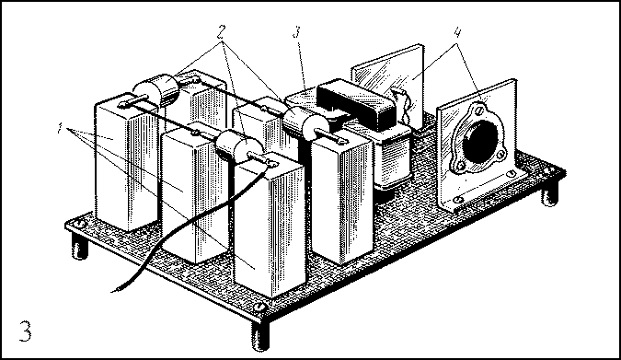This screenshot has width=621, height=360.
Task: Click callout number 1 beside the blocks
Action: point(60,128)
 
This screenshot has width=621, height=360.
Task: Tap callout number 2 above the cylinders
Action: point(222,31)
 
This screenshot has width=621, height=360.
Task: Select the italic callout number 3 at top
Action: point(297,31)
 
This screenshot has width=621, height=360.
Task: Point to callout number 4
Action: point(457,32)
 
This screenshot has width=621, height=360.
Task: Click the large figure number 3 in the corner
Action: point(26,331)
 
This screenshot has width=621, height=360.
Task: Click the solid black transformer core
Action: point(356,102)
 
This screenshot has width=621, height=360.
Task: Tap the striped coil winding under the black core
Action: point(392,158)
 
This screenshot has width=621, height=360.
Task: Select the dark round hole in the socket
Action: point(479,142)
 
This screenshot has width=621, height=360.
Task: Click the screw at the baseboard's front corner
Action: point(259,306)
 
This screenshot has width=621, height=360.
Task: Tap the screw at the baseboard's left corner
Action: point(80,224)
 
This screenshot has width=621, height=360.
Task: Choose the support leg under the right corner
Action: point(549,194)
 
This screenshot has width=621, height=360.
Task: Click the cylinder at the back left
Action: point(156,90)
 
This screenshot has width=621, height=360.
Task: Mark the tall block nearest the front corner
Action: point(270,226)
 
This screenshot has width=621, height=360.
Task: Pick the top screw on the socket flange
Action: point(479,109)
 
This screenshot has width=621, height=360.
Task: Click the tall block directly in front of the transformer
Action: point(342,198)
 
